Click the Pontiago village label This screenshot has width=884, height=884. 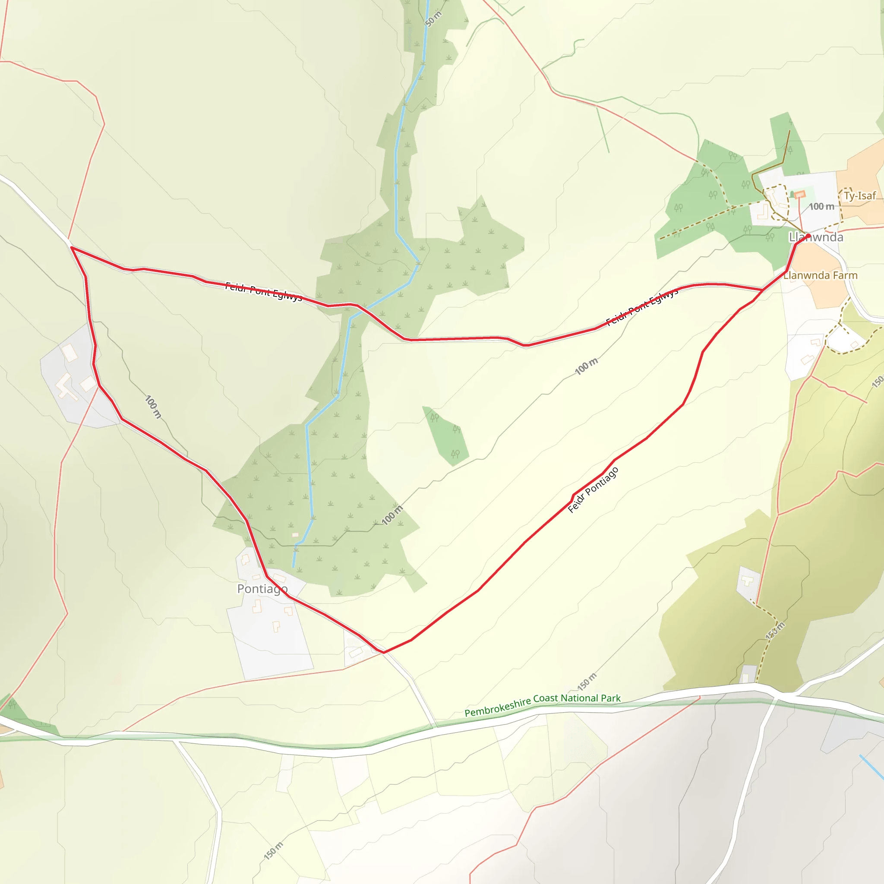coord(262,588)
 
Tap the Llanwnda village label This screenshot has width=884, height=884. coord(816,237)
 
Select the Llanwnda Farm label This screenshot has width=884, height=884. coord(821,275)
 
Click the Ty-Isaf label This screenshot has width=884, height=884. coord(860,196)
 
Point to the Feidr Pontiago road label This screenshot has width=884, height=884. coord(593,490)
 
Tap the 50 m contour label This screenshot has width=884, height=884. coord(433,19)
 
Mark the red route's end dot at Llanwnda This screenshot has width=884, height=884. coord(808,236)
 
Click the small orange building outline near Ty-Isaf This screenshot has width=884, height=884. coord(799,195)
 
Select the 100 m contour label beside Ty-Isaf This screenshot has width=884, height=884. coord(821,207)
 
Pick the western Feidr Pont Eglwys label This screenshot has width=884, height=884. coord(264,292)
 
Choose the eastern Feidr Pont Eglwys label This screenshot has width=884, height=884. coord(642,307)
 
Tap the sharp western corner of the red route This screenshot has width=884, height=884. coord(72,247)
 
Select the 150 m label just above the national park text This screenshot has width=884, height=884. coord(587,682)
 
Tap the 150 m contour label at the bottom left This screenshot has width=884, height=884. coord(274,851)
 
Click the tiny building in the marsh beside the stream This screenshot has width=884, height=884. coord(295,534)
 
